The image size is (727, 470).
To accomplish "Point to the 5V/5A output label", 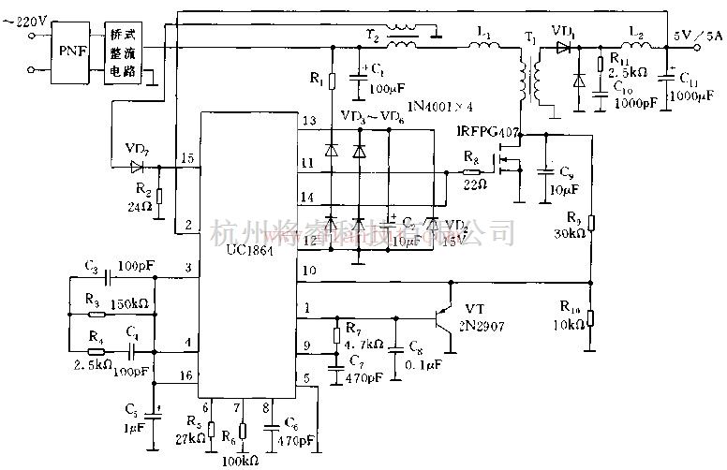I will pyautogui.click(x=697, y=36).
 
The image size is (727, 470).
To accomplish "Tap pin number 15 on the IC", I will pyautogui.click(x=187, y=159).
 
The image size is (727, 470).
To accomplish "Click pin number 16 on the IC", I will pyautogui.click(x=187, y=374).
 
